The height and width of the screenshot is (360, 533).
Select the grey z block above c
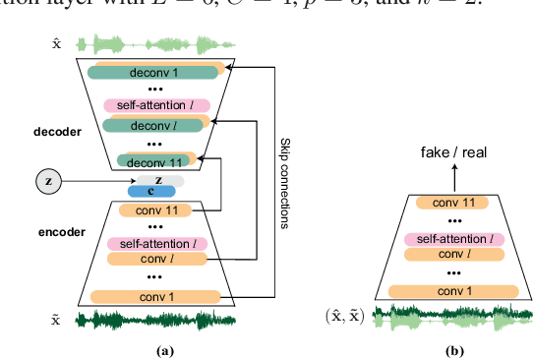tap(156, 181)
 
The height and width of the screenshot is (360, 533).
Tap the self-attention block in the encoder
tap(155, 243)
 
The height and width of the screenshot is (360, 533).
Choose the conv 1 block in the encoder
tap(155, 296)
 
